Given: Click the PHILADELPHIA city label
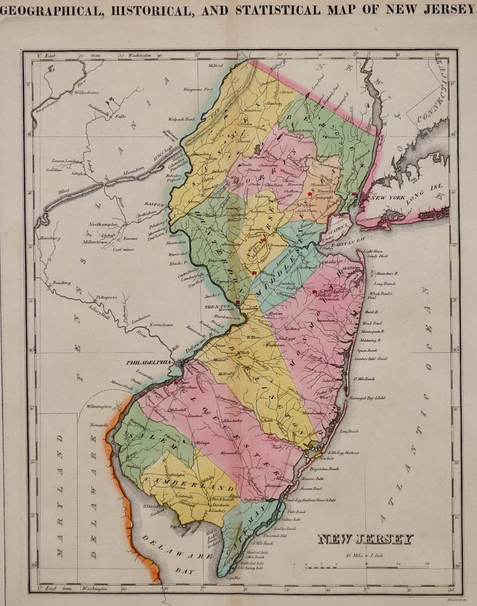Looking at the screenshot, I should point(148,362).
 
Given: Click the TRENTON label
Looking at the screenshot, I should point(212,307).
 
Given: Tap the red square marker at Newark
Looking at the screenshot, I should point(309,193).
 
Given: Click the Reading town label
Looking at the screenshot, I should point(62,283).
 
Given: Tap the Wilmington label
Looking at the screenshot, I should point(98,407).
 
